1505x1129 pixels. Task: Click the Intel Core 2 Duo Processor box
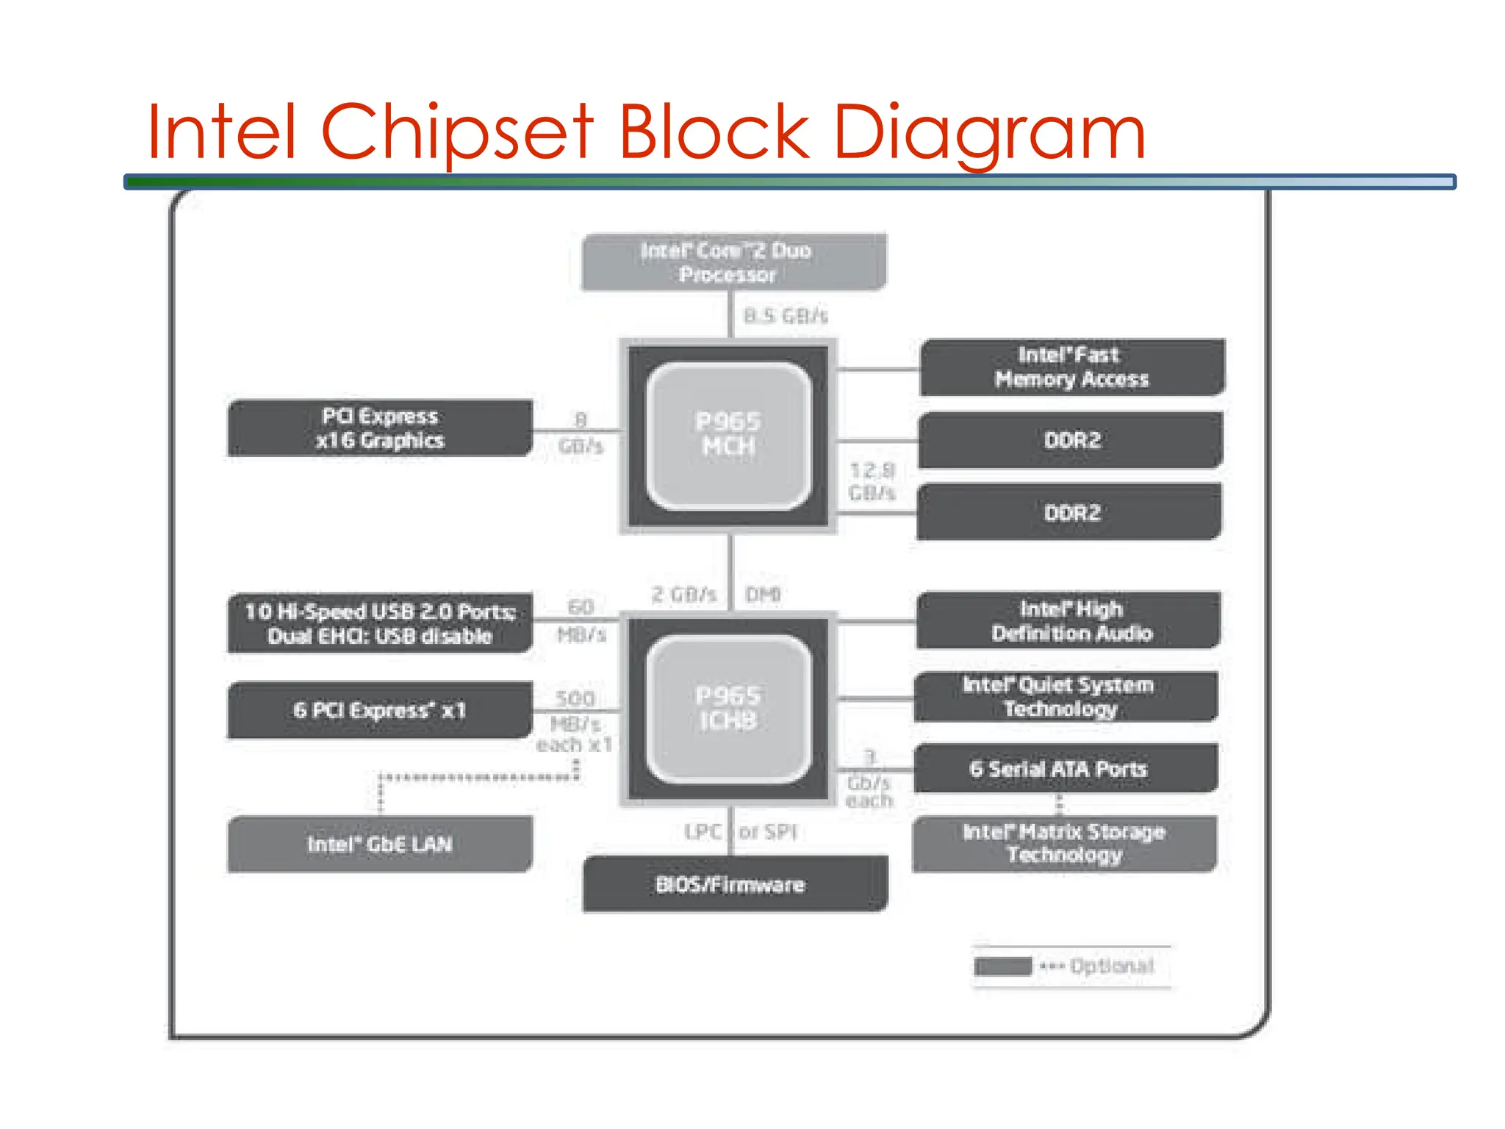point(733,262)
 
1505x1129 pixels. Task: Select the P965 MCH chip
point(728,435)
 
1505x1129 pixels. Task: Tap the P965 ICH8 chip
point(728,709)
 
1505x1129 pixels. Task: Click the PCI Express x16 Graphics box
point(380,429)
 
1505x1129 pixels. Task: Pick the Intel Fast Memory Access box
point(1071,368)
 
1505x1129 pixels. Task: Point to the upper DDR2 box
point(1071,440)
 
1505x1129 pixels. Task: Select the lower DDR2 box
point(1070,512)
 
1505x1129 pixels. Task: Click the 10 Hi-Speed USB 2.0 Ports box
point(380,623)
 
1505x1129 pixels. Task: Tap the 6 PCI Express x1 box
point(380,710)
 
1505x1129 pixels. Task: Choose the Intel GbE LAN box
point(380,844)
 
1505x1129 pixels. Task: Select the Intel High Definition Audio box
point(1068,620)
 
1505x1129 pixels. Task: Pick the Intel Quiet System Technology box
point(1066,697)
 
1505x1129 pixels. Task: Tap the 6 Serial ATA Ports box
point(1066,769)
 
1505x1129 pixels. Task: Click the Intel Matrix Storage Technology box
point(1064,844)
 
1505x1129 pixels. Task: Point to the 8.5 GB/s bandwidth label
point(785,316)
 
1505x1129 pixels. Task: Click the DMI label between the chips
point(763,594)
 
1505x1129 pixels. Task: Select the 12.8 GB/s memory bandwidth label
point(872,481)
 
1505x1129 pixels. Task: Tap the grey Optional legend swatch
point(1002,966)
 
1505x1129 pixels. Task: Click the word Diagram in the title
point(989,134)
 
